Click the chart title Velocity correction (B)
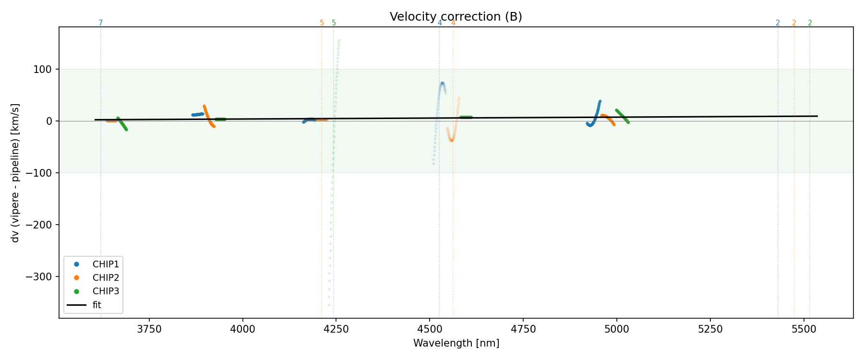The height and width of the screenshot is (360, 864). click(x=456, y=17)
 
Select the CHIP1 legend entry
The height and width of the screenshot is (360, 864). click(x=106, y=264)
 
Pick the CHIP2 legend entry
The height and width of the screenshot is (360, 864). click(x=106, y=277)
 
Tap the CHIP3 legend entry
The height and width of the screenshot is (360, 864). click(x=106, y=291)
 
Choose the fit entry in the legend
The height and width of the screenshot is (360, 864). click(x=96, y=305)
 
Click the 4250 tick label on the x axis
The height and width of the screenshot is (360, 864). click(x=336, y=329)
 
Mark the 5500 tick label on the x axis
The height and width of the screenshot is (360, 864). click(x=804, y=329)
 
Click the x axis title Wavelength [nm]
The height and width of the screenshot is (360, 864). click(x=456, y=344)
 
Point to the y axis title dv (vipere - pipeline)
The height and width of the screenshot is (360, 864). click(x=15, y=173)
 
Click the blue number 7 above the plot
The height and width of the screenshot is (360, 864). click(x=100, y=23)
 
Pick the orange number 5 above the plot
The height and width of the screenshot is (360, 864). click(x=322, y=23)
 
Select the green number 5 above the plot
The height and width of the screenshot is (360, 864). click(x=334, y=23)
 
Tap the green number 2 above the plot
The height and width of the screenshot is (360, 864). click(x=810, y=23)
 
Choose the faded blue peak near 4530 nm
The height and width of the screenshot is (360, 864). click(x=442, y=84)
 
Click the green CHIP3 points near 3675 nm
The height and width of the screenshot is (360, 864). click(x=122, y=124)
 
